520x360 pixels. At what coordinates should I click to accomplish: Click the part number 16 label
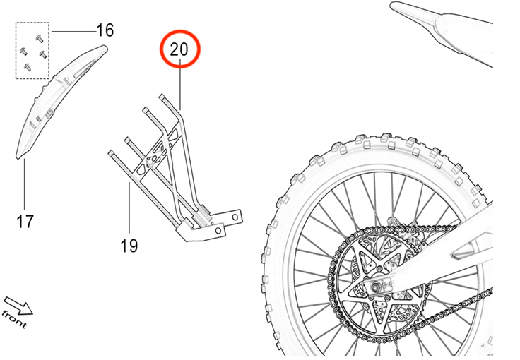(x=105, y=30)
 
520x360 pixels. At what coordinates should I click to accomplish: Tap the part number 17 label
(x=25, y=222)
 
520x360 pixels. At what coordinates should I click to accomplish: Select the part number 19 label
(x=129, y=246)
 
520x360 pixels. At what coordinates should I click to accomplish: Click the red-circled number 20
(x=179, y=49)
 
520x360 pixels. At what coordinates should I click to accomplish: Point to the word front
(x=13, y=318)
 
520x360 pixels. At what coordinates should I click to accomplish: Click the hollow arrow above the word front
(x=18, y=306)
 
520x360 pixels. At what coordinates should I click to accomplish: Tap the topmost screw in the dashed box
(x=40, y=39)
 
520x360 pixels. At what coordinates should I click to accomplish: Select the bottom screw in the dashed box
(x=28, y=67)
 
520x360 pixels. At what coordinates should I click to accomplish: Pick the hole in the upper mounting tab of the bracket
(x=235, y=217)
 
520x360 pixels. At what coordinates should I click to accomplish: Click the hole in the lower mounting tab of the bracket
(x=218, y=231)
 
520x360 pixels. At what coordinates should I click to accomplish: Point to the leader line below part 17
(x=25, y=184)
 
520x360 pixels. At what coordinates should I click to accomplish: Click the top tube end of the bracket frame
(x=162, y=97)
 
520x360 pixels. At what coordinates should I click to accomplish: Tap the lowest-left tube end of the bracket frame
(x=111, y=153)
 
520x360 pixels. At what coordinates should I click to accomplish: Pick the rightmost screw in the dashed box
(x=43, y=54)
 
